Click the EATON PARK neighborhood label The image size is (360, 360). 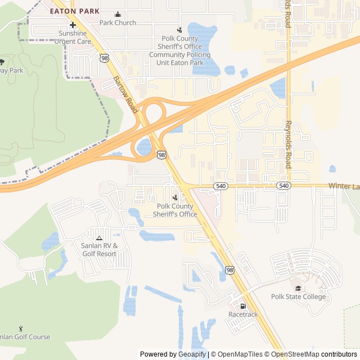click(x=75, y=11)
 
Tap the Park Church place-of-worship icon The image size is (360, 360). click(x=118, y=15)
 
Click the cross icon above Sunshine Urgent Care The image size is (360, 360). click(x=73, y=25)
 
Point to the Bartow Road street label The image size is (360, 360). click(x=125, y=94)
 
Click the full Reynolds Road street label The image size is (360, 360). click(x=289, y=144)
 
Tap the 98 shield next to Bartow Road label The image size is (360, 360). click(x=104, y=57)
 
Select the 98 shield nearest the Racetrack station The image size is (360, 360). click(x=229, y=270)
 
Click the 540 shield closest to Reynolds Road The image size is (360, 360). click(x=284, y=186)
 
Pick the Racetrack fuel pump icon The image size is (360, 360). click(x=243, y=306)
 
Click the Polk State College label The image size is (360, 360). click(x=298, y=296)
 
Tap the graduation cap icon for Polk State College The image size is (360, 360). click(x=298, y=288)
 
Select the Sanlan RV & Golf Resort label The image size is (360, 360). click(x=99, y=250)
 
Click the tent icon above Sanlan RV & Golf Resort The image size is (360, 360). click(x=99, y=238)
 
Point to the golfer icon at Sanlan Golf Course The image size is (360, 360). click(x=21, y=328)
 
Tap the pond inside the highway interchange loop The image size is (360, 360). click(x=144, y=147)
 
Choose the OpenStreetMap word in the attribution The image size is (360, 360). click(x=296, y=354)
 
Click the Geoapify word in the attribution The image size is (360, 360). click(x=192, y=354)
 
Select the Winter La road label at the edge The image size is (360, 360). click(x=344, y=186)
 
